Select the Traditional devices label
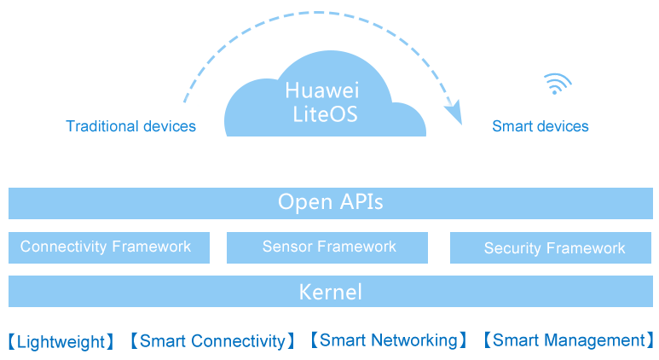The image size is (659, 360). pyautogui.click(x=131, y=126)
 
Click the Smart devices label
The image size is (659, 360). pyautogui.click(x=540, y=126)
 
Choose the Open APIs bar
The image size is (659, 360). pyautogui.click(x=330, y=203)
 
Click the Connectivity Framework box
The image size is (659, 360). pyautogui.click(x=108, y=247)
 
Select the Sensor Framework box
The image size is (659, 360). pyautogui.click(x=329, y=247)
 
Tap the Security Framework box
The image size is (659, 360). pyautogui.click(x=554, y=248)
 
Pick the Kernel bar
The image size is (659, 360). pyautogui.click(x=330, y=292)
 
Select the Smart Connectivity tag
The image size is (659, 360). pyautogui.click(x=212, y=341)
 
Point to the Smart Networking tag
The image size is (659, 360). pyautogui.click(x=388, y=340)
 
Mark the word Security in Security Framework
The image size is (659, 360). pyautogui.click(x=512, y=248)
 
